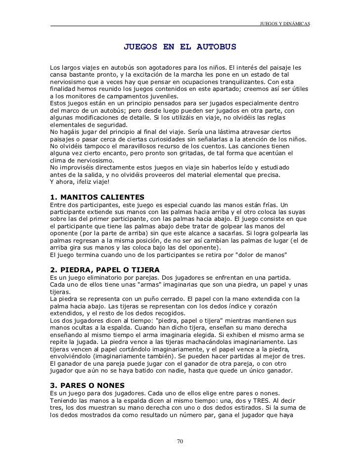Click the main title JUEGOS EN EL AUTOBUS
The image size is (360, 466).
point(180,48)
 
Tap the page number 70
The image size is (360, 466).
point(180,441)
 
